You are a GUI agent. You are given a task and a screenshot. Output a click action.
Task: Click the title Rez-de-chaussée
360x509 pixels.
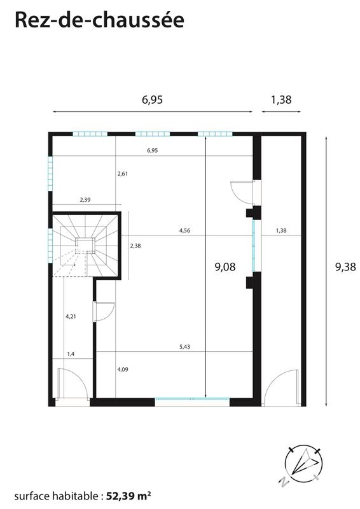pos(99,20)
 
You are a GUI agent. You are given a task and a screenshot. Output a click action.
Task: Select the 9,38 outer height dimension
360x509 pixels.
pos(345,267)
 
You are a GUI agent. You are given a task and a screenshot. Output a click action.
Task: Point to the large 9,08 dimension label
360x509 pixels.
pos(225,267)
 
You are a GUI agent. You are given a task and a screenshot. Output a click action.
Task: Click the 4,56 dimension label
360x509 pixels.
pos(184,231)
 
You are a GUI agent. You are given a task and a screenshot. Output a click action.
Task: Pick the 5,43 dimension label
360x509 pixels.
pos(185,347)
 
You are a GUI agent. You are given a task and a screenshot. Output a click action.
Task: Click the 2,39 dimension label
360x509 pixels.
pos(85,200)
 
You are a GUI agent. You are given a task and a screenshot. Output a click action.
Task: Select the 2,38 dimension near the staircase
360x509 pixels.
pos(135,245)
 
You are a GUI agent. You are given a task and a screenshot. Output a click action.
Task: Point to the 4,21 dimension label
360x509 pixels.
pos(71,316)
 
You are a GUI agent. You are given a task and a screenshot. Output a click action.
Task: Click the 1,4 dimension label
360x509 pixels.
pos(71,354)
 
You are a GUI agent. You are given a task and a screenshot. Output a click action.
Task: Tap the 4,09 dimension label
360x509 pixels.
pos(123,368)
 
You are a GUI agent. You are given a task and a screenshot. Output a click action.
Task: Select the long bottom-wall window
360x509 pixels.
pos(192,401)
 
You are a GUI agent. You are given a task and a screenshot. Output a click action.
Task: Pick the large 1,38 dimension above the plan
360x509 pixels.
pos(281,100)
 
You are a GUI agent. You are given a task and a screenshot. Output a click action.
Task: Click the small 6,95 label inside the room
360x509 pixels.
pos(152,151)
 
